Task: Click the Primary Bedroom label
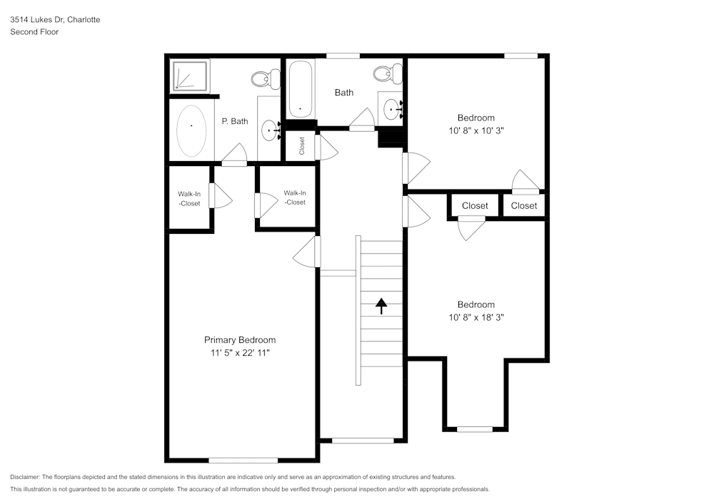click(x=240, y=340)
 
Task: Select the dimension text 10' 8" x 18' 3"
click(x=476, y=318)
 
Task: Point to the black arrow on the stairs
click(x=381, y=306)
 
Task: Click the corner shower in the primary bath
click(x=191, y=76)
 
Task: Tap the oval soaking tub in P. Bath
click(x=191, y=131)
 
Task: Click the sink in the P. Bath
click(x=270, y=130)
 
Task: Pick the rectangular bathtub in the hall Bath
click(x=300, y=90)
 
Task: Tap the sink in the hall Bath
click(x=392, y=109)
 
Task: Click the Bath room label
click(x=344, y=93)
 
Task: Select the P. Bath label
click(x=235, y=121)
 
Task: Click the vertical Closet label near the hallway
click(x=302, y=146)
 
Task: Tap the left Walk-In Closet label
click(x=189, y=198)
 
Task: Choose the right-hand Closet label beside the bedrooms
click(x=524, y=206)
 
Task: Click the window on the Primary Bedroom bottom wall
click(x=243, y=461)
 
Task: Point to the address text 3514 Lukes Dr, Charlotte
click(x=55, y=20)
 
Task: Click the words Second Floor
click(x=34, y=32)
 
